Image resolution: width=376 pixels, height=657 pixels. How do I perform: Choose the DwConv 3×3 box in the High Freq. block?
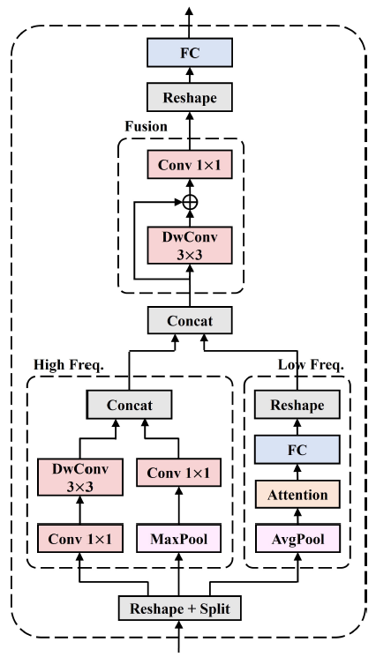[79, 481]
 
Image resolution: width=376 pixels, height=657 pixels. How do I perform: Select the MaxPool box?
[179, 536]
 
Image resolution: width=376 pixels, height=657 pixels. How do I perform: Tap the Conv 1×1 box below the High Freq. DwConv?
[79, 536]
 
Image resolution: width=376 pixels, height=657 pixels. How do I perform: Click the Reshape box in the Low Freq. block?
[297, 406]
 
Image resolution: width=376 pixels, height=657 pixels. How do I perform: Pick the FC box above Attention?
[297, 450]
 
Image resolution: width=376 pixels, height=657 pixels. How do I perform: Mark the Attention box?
[297, 494]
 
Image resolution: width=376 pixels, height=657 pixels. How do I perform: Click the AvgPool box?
[297, 537]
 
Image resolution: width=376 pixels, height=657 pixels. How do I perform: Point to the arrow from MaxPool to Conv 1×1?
[179, 507]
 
